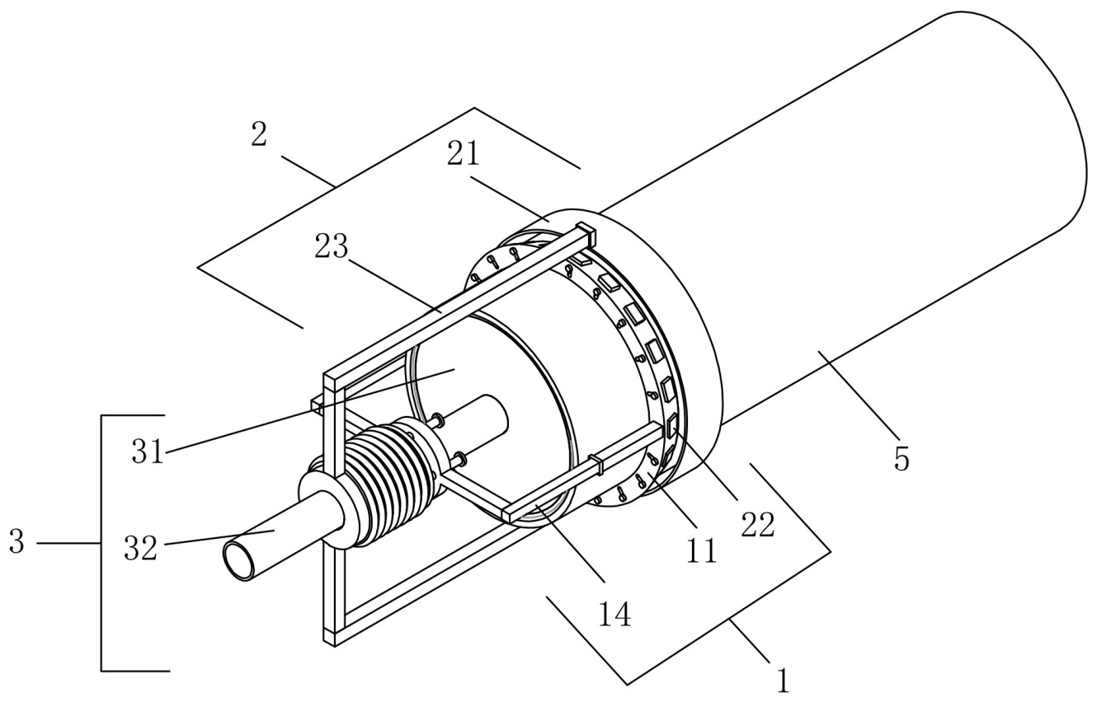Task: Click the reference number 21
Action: coord(463,155)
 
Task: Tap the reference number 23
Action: coord(332,246)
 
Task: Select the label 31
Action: coord(148,452)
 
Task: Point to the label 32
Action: coord(140,548)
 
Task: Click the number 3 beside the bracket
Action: coord(16,542)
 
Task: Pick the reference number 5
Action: coord(902,460)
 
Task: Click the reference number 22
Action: coord(758,526)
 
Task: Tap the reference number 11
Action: coord(701,551)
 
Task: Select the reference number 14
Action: coord(614,615)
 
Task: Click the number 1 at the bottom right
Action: coord(783,681)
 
